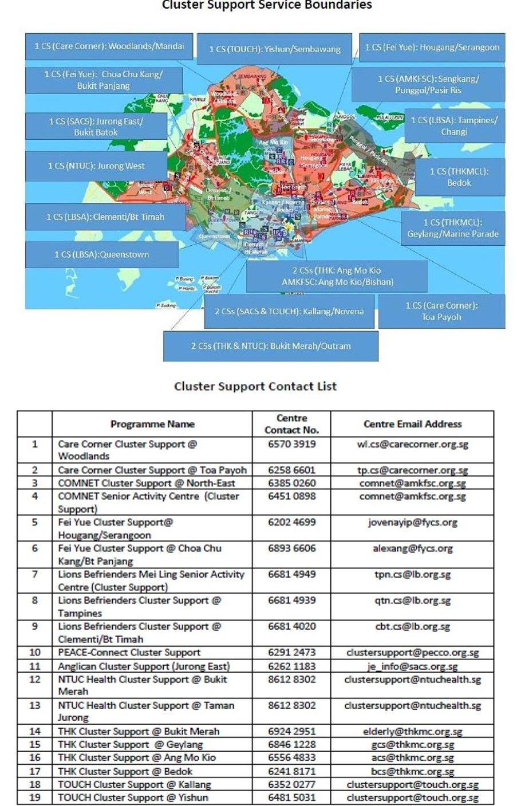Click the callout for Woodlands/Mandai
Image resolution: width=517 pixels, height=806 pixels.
[x=109, y=46]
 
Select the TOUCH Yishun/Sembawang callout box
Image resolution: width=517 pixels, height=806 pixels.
[x=275, y=49]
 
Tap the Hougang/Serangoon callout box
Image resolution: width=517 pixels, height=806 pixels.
[x=432, y=48]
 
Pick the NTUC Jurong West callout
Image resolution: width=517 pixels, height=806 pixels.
[x=96, y=166]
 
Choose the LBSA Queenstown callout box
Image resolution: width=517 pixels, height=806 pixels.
[x=102, y=254]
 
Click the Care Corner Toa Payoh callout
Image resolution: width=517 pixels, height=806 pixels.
[x=441, y=311]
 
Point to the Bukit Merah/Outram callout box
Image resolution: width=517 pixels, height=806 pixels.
[x=271, y=346]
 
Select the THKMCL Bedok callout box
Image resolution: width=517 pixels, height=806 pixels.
[x=459, y=177]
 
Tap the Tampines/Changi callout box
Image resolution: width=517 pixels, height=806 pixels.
[x=454, y=125]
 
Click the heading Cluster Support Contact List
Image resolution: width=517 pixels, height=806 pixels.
[x=255, y=386]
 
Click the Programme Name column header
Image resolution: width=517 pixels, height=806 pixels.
[x=152, y=424]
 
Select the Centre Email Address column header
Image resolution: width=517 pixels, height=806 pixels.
[x=412, y=424]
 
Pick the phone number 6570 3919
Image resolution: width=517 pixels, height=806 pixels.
[x=291, y=444]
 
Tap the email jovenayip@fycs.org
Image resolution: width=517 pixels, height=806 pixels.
[x=412, y=522]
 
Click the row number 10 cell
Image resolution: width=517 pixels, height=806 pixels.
[x=35, y=652]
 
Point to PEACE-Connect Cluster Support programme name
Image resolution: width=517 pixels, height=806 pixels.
[x=129, y=652]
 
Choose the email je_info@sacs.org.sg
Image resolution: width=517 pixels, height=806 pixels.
[x=412, y=666]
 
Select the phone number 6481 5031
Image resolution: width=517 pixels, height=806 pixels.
[x=291, y=797]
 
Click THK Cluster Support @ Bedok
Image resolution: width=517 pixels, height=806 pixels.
[x=125, y=772]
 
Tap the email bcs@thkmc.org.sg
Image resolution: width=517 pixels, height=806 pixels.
[x=412, y=772]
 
